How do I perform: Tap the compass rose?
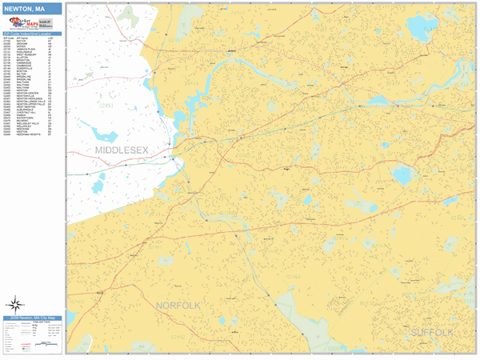point(15,303)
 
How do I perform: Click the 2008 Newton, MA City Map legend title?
point(32,318)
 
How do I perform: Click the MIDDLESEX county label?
point(122,150)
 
